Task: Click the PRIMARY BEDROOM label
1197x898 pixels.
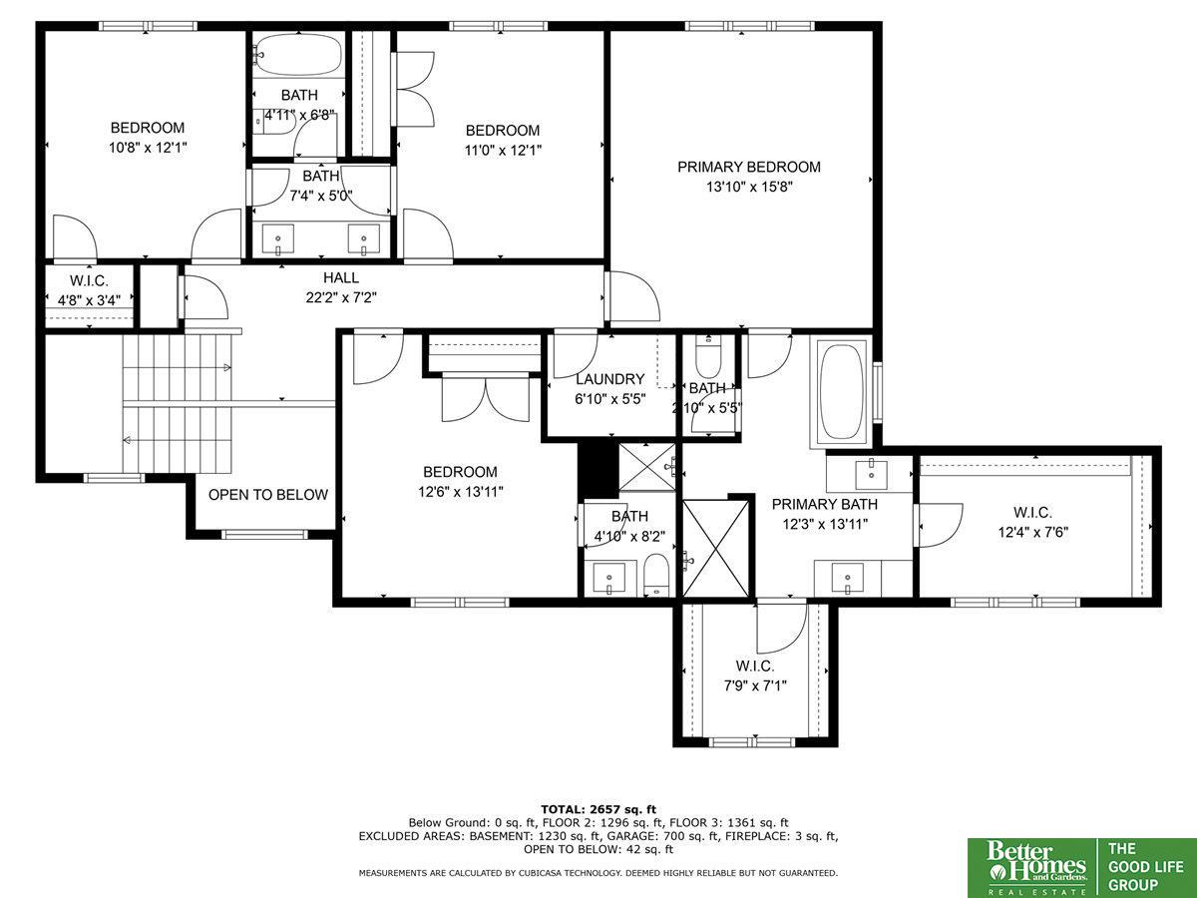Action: [749, 167]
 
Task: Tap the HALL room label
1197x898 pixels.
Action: [341, 278]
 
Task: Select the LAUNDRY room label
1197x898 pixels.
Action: [610, 379]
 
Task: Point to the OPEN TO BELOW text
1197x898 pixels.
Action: [268, 495]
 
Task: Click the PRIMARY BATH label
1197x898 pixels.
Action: [825, 504]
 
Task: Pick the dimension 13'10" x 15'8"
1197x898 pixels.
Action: [749, 187]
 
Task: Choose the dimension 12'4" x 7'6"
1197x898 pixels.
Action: [1032, 532]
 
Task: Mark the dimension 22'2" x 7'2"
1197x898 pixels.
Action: [341, 297]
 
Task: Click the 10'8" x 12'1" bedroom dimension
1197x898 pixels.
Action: [148, 148]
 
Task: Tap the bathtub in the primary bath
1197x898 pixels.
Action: [842, 391]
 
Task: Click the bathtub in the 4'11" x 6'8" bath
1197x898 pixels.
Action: [298, 55]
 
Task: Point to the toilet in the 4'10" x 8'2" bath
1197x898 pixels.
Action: [656, 575]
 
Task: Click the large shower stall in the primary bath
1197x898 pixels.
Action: [716, 549]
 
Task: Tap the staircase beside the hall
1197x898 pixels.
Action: [178, 403]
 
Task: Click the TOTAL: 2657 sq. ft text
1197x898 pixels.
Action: [598, 809]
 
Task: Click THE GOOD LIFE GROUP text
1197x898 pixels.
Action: [1145, 867]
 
